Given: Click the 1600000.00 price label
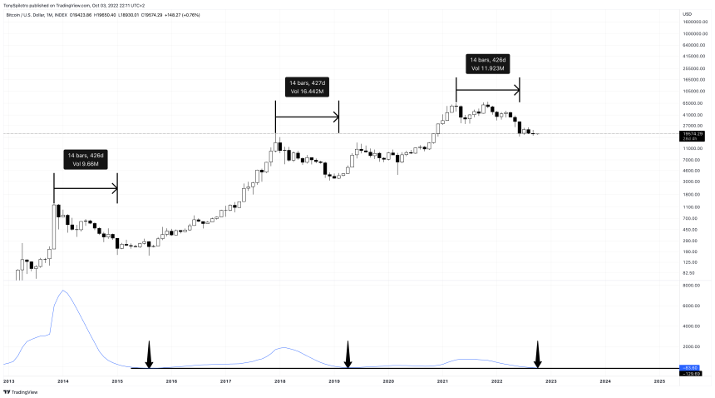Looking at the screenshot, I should [695, 22].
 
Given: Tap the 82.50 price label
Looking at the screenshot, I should [688, 273].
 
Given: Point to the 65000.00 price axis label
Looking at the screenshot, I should [693, 102].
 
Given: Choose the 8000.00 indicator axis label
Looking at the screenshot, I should [691, 286].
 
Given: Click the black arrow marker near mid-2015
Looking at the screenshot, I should [150, 355].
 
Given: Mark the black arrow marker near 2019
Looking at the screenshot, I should [348, 355].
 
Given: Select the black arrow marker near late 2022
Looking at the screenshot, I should [538, 355].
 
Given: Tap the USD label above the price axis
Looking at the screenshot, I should [687, 14].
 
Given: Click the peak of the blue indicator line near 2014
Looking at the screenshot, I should [63, 291].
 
